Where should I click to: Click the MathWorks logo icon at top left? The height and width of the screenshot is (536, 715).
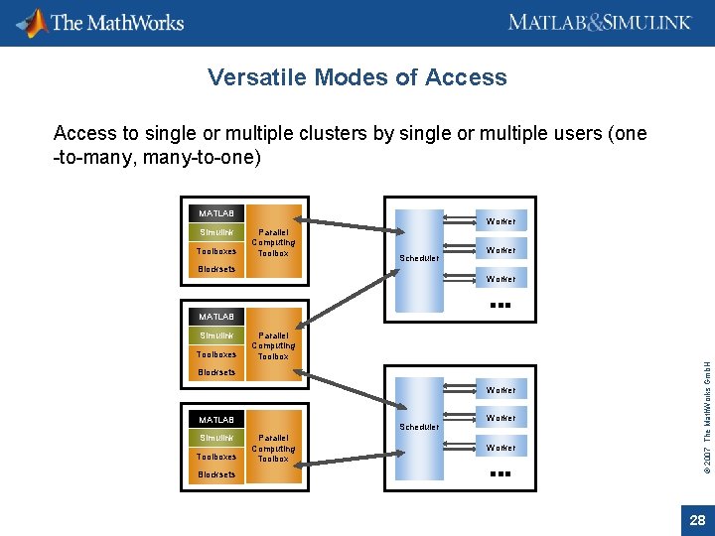(36, 22)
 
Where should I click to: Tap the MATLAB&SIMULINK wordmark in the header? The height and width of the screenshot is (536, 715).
(599, 23)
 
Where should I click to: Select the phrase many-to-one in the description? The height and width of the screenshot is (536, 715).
(211, 156)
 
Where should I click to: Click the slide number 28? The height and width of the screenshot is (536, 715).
(697, 520)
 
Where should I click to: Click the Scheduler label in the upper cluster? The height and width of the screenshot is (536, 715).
(418, 258)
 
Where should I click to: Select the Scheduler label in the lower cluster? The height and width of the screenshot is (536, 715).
(418, 427)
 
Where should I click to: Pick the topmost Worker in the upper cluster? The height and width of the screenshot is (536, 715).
(500, 221)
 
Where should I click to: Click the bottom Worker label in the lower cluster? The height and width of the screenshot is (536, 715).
(500, 448)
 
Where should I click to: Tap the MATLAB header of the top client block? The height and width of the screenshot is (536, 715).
(215, 213)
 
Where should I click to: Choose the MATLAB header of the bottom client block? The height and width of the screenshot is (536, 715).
(215, 420)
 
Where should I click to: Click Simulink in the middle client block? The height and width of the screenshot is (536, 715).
(216, 335)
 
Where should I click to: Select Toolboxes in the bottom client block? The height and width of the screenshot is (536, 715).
(216, 457)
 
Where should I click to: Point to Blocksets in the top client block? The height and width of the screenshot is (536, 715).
(216, 269)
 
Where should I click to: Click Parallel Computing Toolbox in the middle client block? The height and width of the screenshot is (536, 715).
(272, 345)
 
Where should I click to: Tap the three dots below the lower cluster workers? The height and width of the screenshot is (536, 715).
(500, 474)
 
